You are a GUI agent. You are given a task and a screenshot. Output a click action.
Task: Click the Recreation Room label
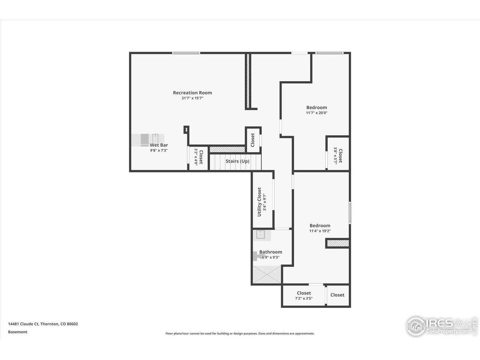192,93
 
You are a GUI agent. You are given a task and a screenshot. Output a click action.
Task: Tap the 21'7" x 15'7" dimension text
192,98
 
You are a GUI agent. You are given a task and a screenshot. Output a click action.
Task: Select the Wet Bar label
159,145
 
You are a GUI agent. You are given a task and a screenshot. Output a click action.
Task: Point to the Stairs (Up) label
237,161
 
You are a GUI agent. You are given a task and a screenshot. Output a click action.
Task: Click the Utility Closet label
259,202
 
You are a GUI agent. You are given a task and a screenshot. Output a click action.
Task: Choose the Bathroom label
271,252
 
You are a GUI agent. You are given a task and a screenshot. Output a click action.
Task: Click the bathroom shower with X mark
267,274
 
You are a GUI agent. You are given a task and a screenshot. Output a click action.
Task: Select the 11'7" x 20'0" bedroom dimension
316,113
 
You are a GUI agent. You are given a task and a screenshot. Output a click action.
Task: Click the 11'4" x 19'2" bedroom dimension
320,231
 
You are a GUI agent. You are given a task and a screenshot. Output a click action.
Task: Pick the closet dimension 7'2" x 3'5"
304,298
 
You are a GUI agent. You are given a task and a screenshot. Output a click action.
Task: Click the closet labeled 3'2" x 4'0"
198,157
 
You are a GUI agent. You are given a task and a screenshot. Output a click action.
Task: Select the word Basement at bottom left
18,332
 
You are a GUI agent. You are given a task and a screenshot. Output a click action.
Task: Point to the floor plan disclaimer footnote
240,333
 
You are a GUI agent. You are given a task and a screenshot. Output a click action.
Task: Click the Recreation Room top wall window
186,53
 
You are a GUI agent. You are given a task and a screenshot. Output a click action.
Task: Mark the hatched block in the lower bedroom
338,244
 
